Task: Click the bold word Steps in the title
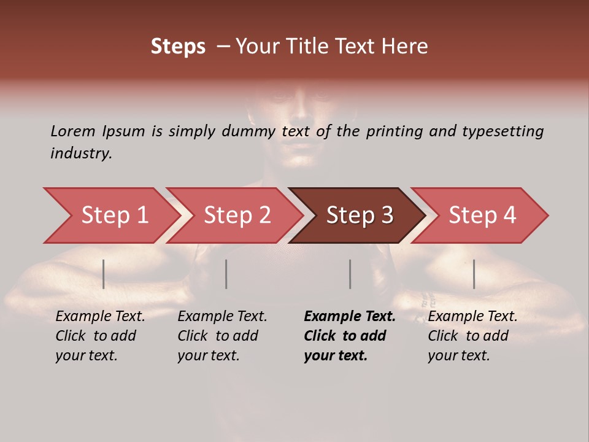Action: [x=178, y=47]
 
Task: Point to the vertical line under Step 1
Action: [x=104, y=274]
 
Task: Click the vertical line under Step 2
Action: [x=226, y=274]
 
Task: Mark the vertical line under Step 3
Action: [x=350, y=274]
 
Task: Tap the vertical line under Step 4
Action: [x=474, y=274]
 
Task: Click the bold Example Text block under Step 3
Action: [x=350, y=336]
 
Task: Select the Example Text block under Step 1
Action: [x=100, y=336]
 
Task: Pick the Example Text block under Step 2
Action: [x=222, y=336]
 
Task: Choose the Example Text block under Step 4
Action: [x=472, y=336]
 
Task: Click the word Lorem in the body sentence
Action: [x=73, y=131]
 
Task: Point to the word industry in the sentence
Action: [x=81, y=153]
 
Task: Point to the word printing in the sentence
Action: [x=395, y=131]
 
